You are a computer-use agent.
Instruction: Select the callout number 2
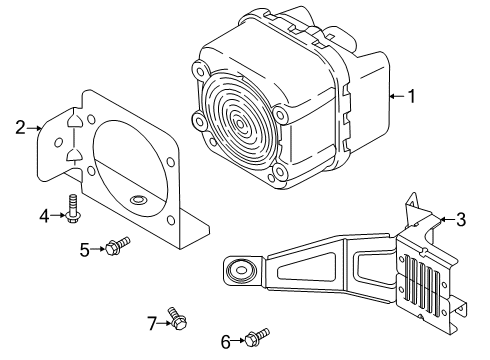(x=19, y=127)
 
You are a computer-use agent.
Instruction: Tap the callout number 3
(x=460, y=219)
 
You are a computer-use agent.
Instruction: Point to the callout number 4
(x=44, y=214)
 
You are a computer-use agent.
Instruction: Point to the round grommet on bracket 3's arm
(x=240, y=270)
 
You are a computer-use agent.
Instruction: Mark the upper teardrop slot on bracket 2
(x=72, y=125)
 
